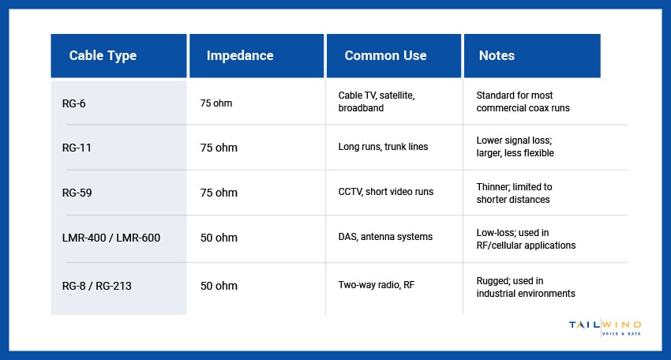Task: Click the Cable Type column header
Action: point(103,55)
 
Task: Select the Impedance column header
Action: point(240,55)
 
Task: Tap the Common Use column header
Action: point(385,55)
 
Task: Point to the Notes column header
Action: point(497,55)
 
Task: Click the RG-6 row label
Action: point(74,102)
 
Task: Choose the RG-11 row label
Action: point(77,148)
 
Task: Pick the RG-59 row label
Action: point(77,193)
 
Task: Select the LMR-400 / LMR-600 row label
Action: point(111,238)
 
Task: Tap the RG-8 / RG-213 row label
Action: point(97,286)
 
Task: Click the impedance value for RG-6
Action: point(216,103)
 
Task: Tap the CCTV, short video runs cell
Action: point(385,192)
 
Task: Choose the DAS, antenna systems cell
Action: point(385,237)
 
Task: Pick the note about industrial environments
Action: point(525,287)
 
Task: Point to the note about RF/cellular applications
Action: point(526,239)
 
